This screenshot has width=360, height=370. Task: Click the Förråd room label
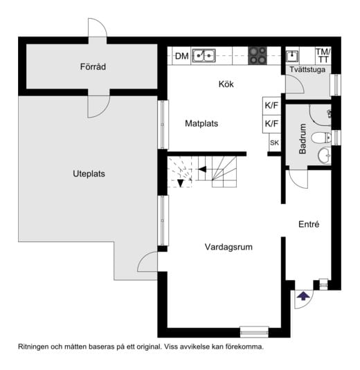tap(93, 67)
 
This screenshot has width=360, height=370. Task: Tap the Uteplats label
tap(89, 174)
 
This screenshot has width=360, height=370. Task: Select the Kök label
tap(226, 84)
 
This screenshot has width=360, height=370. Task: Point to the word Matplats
tap(201, 123)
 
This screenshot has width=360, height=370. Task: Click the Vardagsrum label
tap(228, 247)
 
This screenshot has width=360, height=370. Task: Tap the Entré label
tap(309, 224)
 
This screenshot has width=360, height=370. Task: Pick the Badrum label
tap(303, 139)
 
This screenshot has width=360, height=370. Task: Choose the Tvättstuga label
tap(307, 69)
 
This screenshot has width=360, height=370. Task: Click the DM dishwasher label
tap(181, 56)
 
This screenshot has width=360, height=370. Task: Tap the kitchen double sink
tap(204, 56)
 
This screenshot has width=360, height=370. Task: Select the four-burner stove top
tap(258, 56)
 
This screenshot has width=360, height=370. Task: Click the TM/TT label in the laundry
tap(323, 56)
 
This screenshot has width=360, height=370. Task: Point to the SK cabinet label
tap(274, 142)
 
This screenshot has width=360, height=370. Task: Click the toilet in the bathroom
tap(321, 138)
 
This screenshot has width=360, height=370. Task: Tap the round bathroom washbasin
tap(324, 156)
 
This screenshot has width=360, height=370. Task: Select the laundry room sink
tap(292, 56)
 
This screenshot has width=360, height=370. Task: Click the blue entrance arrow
tap(303, 296)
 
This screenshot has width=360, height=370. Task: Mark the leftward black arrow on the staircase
tap(202, 169)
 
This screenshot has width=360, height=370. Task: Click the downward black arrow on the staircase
tap(181, 183)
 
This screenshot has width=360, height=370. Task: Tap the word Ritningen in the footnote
tap(33, 347)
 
